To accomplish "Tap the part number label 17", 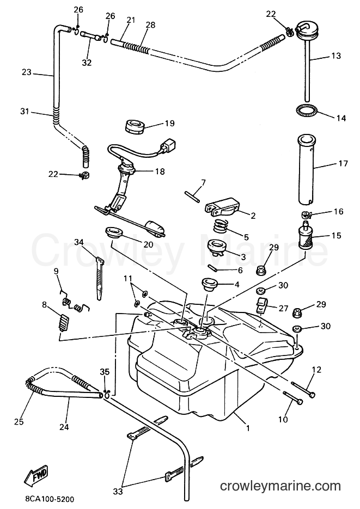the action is click(x=343, y=163).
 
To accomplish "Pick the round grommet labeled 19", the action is click(x=134, y=126).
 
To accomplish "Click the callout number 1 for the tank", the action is click(x=248, y=428).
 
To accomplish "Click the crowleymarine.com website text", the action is click(x=280, y=486).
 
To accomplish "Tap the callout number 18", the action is click(x=160, y=171).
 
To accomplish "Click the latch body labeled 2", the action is click(x=223, y=207).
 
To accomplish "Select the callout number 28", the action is click(x=151, y=25).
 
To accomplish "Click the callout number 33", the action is click(x=118, y=492).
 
